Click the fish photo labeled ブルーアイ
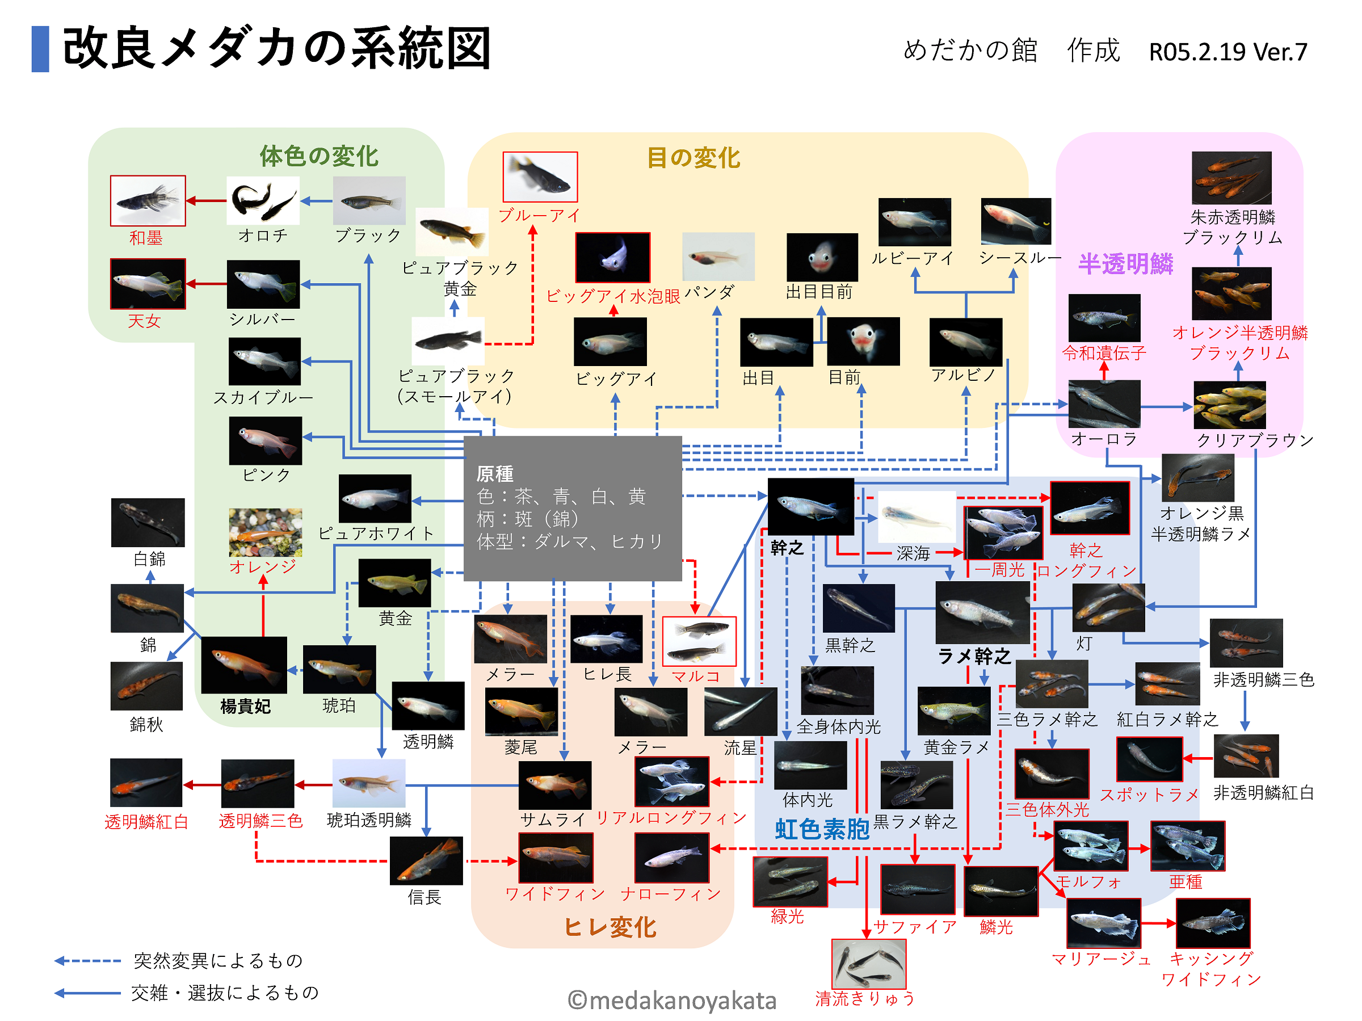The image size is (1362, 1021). tap(540, 177)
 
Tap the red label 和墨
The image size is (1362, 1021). tap(146, 238)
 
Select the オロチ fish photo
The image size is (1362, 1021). tap(263, 201)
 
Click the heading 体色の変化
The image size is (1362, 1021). tap(318, 157)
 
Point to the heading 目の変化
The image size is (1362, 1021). tap(693, 158)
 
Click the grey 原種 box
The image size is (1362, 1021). tap(572, 509)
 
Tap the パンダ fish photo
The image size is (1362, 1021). tap(718, 256)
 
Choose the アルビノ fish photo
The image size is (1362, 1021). tap(965, 342)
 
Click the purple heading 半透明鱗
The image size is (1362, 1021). tap(1125, 264)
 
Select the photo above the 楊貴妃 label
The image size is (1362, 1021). tap(244, 665)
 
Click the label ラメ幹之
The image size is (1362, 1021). tap(973, 657)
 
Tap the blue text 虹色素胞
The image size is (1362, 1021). tap(821, 830)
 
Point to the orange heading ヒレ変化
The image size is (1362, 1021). tap(609, 927)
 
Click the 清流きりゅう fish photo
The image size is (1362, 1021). tap(868, 963)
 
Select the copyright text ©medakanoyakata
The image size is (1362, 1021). tap(671, 1001)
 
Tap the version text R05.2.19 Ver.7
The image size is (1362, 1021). tap(1228, 52)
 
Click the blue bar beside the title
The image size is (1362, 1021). tap(40, 49)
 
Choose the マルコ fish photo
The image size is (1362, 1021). tap(699, 641)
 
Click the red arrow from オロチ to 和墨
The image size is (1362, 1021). tap(206, 201)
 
